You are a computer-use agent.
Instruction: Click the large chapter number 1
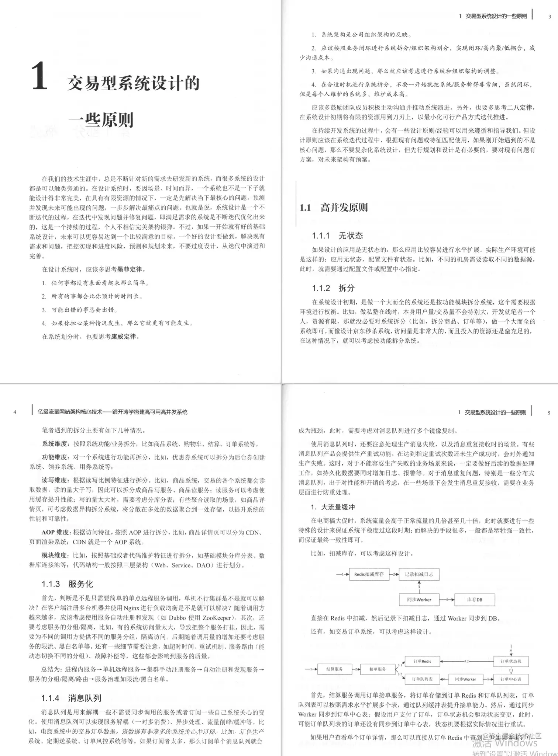(x=39, y=76)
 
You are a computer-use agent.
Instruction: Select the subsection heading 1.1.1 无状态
(x=337, y=236)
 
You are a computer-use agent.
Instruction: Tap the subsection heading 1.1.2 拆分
(x=333, y=288)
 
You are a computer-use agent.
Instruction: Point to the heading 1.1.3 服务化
(x=67, y=584)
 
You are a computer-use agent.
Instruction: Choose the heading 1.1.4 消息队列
(x=71, y=698)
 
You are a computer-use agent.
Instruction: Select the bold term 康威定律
(x=124, y=337)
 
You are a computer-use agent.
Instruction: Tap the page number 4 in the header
(x=15, y=412)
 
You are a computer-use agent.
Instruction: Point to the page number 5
(x=549, y=413)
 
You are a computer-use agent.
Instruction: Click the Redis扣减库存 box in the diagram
(x=369, y=574)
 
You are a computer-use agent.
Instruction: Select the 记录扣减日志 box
(x=419, y=574)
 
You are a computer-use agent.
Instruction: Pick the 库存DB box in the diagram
(x=474, y=600)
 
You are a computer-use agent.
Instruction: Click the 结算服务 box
(x=334, y=669)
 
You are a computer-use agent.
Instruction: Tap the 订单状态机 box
(x=511, y=661)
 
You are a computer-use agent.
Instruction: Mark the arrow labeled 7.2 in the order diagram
(x=466, y=661)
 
